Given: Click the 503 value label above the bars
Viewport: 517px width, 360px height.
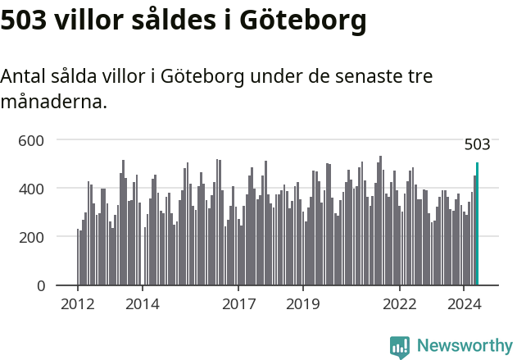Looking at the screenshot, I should [477, 145].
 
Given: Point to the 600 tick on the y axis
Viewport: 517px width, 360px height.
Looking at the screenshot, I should [32, 140].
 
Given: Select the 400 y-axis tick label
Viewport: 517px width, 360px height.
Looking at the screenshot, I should [32, 189].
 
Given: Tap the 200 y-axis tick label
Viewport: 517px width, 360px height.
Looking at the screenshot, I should [32, 237].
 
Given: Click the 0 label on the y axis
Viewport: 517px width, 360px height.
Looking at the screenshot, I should [40, 285].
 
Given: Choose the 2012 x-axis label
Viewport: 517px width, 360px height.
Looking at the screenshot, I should [78, 303].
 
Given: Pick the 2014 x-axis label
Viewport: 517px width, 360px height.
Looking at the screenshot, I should [143, 303].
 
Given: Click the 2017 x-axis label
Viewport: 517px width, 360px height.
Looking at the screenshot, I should [238, 303].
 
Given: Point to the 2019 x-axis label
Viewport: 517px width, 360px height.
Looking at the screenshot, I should [303, 303].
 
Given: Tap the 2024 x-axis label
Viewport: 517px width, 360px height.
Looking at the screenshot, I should [464, 303].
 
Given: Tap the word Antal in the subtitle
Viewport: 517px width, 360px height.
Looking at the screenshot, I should [22, 77].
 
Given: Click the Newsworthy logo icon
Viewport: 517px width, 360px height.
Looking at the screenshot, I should [400, 346].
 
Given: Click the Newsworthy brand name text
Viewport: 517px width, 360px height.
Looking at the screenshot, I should [465, 346].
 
